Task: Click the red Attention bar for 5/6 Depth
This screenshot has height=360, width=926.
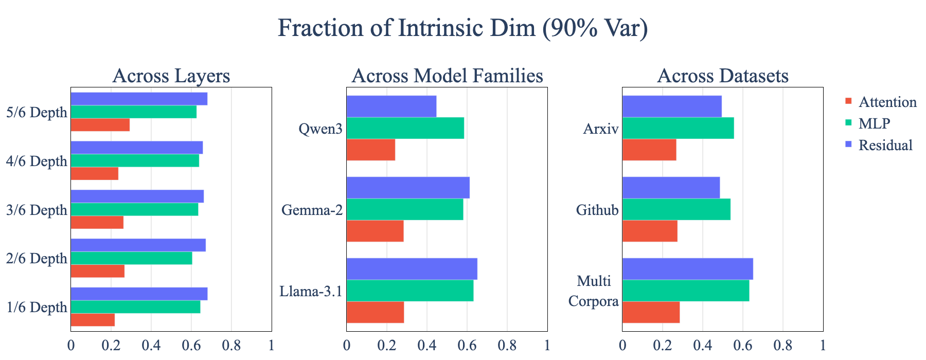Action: pos(100,125)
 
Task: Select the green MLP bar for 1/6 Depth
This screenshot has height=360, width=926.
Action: pos(135,307)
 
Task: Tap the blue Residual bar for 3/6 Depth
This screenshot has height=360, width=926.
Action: pos(137,196)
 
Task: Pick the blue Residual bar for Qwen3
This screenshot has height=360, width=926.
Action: pos(391,106)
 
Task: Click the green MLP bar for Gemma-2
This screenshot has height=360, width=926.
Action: pos(405,209)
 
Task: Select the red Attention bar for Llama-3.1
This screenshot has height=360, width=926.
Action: pos(375,312)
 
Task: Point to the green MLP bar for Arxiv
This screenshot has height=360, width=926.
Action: pos(678,128)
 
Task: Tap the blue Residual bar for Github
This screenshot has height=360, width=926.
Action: pos(671,188)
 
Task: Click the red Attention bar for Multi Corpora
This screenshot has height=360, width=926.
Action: pos(651,312)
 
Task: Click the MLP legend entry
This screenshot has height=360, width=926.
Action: pos(868,123)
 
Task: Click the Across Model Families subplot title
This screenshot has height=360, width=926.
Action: pos(447,76)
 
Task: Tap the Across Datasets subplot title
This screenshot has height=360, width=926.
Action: pos(723,76)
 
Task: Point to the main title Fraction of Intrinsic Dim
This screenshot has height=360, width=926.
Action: pos(463,28)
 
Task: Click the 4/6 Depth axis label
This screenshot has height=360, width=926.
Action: pos(37,161)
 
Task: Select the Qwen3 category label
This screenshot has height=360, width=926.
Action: pos(320,129)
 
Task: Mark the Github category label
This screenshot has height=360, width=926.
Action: pos(597,210)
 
